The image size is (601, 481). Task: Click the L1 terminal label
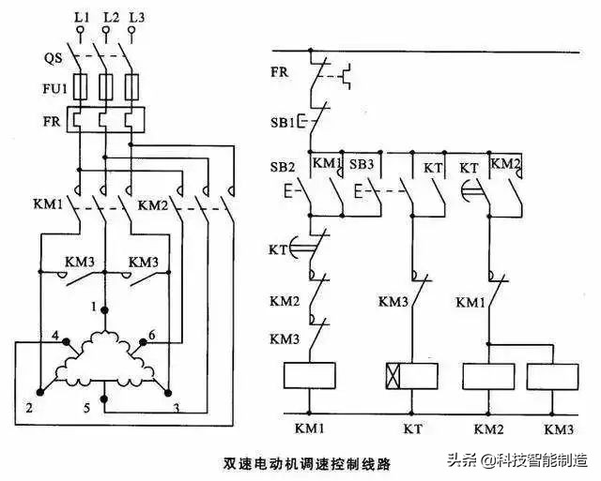click(x=82, y=18)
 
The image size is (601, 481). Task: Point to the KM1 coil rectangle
click(x=310, y=376)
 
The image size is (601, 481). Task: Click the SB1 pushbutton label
click(x=283, y=123)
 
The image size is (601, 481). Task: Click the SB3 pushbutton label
click(x=362, y=165)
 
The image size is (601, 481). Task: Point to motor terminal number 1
click(x=95, y=307)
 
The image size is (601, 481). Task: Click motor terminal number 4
click(x=55, y=335)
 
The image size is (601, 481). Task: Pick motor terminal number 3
click(x=175, y=408)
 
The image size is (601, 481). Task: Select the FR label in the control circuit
click(x=279, y=71)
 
